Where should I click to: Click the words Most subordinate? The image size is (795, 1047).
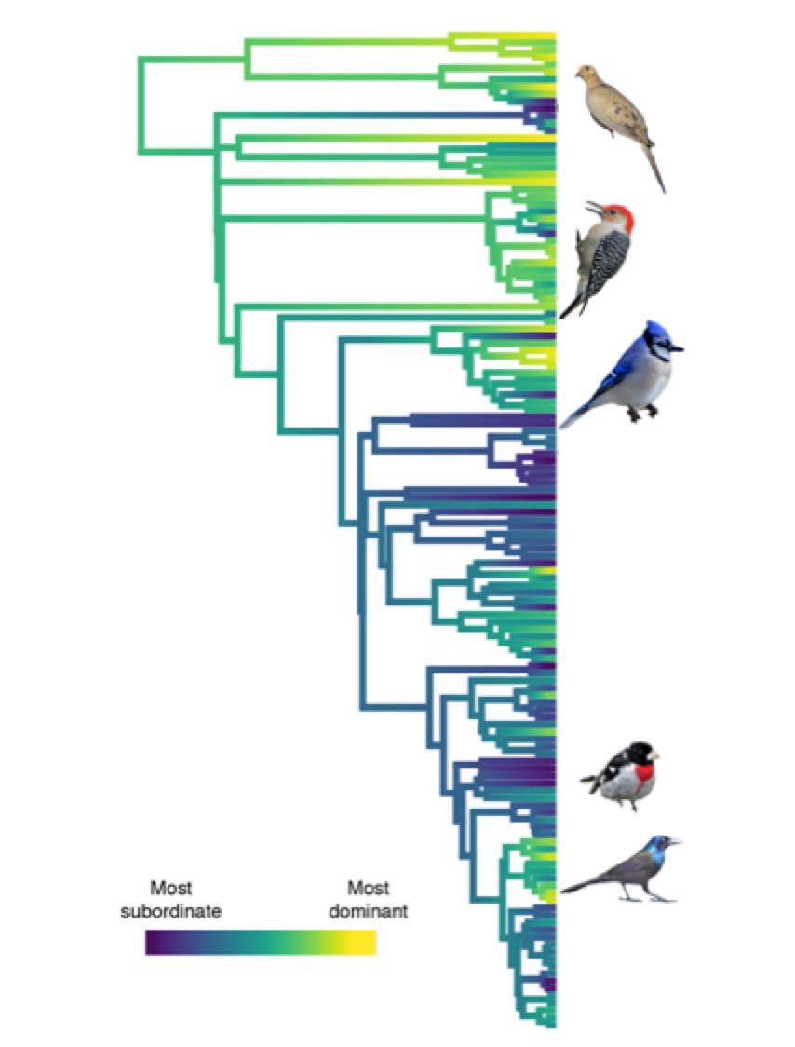point(170,899)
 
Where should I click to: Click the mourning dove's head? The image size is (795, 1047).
point(586,73)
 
